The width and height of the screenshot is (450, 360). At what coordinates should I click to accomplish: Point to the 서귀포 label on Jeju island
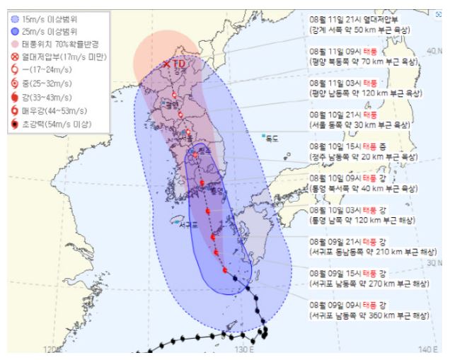coord(187,224)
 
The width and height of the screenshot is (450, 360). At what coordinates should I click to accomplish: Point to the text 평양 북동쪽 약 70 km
coord(367,62)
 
